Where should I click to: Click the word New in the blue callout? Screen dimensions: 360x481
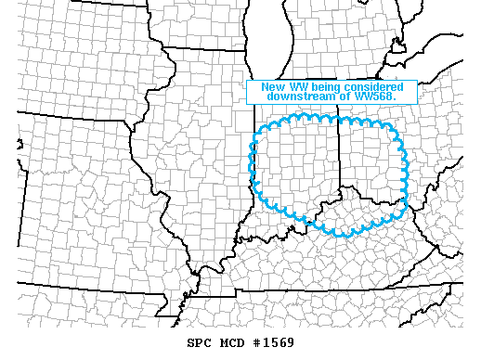[272, 87]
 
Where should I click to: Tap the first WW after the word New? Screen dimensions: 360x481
[297, 87]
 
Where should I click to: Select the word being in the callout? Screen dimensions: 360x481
[327, 87]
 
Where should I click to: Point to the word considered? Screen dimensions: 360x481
[375, 87]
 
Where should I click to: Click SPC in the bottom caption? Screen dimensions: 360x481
[173, 342]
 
